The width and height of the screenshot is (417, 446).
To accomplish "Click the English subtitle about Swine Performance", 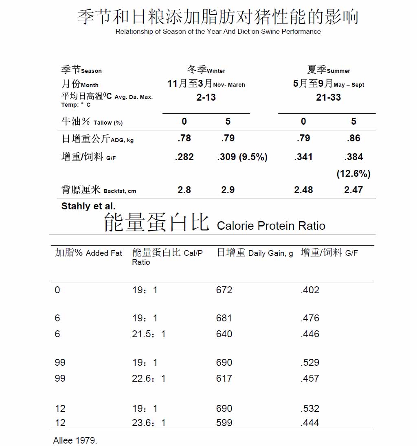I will click(218, 31).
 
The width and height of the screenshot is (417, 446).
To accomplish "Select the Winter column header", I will click(206, 70).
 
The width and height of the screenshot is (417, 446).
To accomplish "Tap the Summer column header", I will click(328, 70).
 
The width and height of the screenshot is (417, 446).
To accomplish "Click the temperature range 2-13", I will click(206, 97).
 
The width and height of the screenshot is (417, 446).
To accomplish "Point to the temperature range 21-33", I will click(328, 97).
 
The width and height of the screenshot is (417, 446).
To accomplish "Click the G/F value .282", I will click(184, 157).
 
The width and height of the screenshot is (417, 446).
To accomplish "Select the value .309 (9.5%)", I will click(242, 157).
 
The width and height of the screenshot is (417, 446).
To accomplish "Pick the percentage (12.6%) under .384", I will click(353, 174).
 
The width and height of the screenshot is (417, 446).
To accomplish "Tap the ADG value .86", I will click(353, 138).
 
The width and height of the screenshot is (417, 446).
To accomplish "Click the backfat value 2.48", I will click(303, 190).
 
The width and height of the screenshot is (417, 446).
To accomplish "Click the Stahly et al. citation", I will click(88, 206).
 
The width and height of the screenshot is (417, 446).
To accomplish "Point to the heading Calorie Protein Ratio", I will click(271, 226).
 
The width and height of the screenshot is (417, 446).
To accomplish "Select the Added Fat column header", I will click(88, 253).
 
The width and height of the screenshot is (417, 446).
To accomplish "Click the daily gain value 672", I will click(224, 290).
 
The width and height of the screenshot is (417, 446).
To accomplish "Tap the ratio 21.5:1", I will click(149, 334).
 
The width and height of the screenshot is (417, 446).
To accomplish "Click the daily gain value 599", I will click(224, 423).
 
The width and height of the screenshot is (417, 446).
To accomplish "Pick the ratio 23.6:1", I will click(149, 423).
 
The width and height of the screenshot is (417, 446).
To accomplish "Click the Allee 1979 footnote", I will click(75, 440).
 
